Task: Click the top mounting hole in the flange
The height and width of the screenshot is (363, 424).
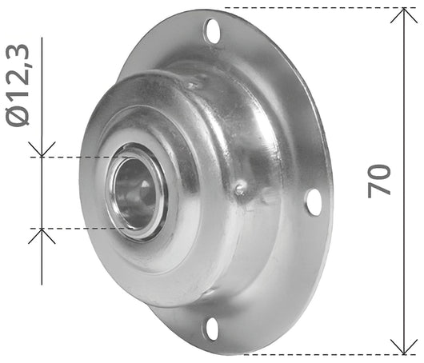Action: click(213, 31)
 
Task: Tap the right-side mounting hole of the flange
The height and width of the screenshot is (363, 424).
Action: click(314, 202)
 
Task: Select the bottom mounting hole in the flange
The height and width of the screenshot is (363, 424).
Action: click(212, 329)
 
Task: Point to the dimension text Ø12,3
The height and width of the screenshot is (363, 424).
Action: click(18, 85)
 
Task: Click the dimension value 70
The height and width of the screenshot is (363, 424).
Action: click(379, 181)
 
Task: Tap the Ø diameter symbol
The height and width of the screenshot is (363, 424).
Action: click(18, 115)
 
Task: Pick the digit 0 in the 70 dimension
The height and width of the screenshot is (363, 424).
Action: click(379, 173)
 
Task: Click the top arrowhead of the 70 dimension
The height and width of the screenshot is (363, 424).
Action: click(404, 15)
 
